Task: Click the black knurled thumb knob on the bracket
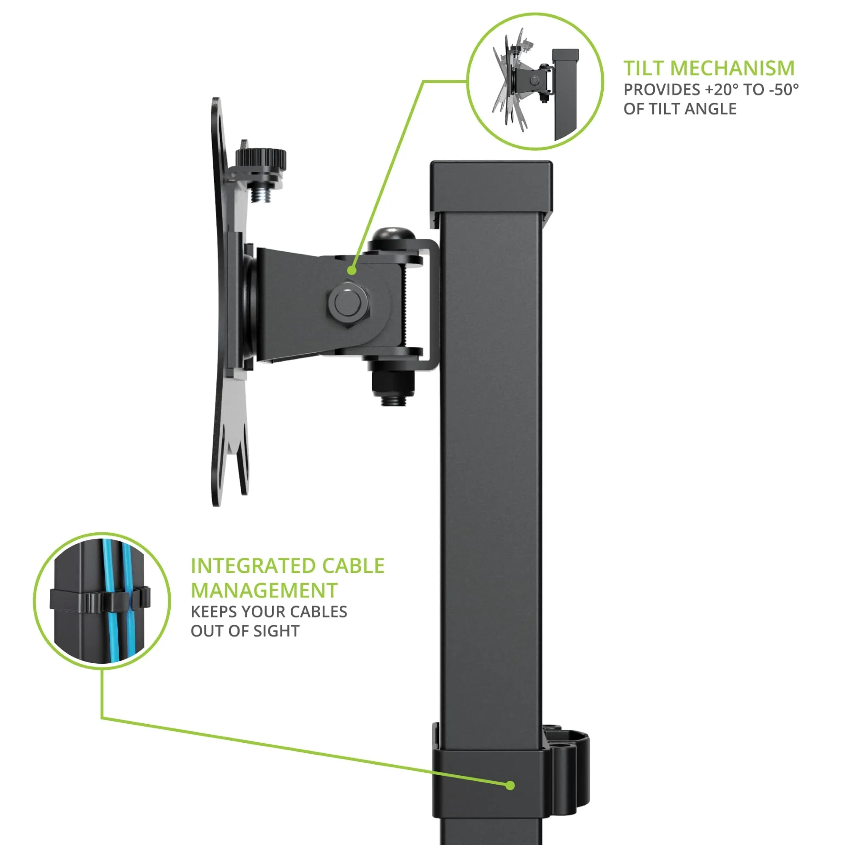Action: (x=261, y=157)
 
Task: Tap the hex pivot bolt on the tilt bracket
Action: (x=348, y=301)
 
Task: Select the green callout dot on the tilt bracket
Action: (x=352, y=271)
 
